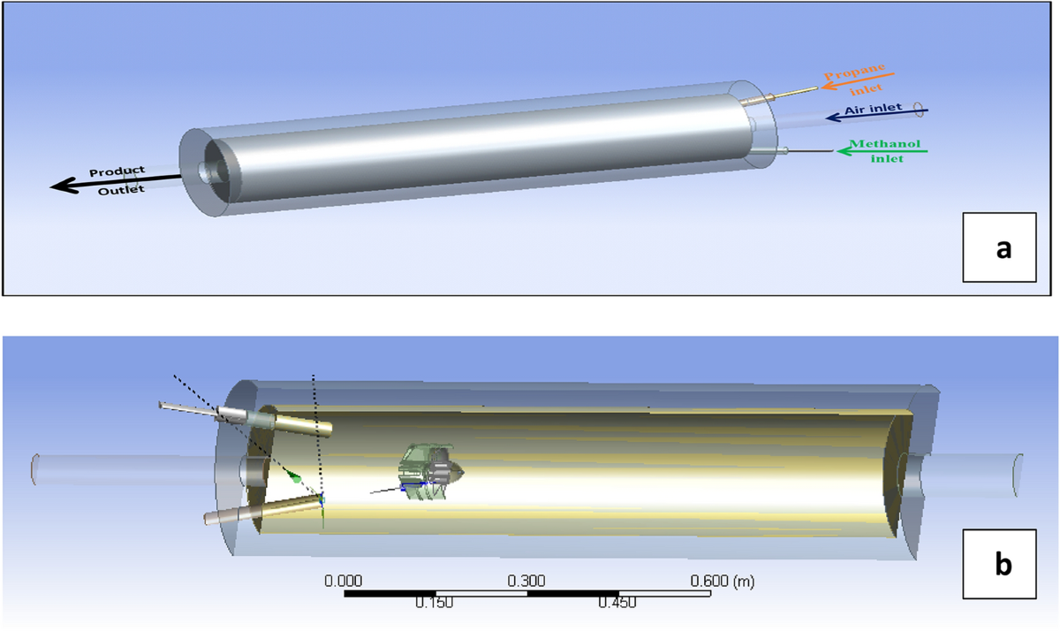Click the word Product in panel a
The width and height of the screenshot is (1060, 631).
pyautogui.click(x=117, y=171)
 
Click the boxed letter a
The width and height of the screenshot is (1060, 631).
pyautogui.click(x=1003, y=248)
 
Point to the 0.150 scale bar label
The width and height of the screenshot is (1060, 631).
pyautogui.click(x=435, y=604)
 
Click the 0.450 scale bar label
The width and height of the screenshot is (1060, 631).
pyautogui.click(x=618, y=604)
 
